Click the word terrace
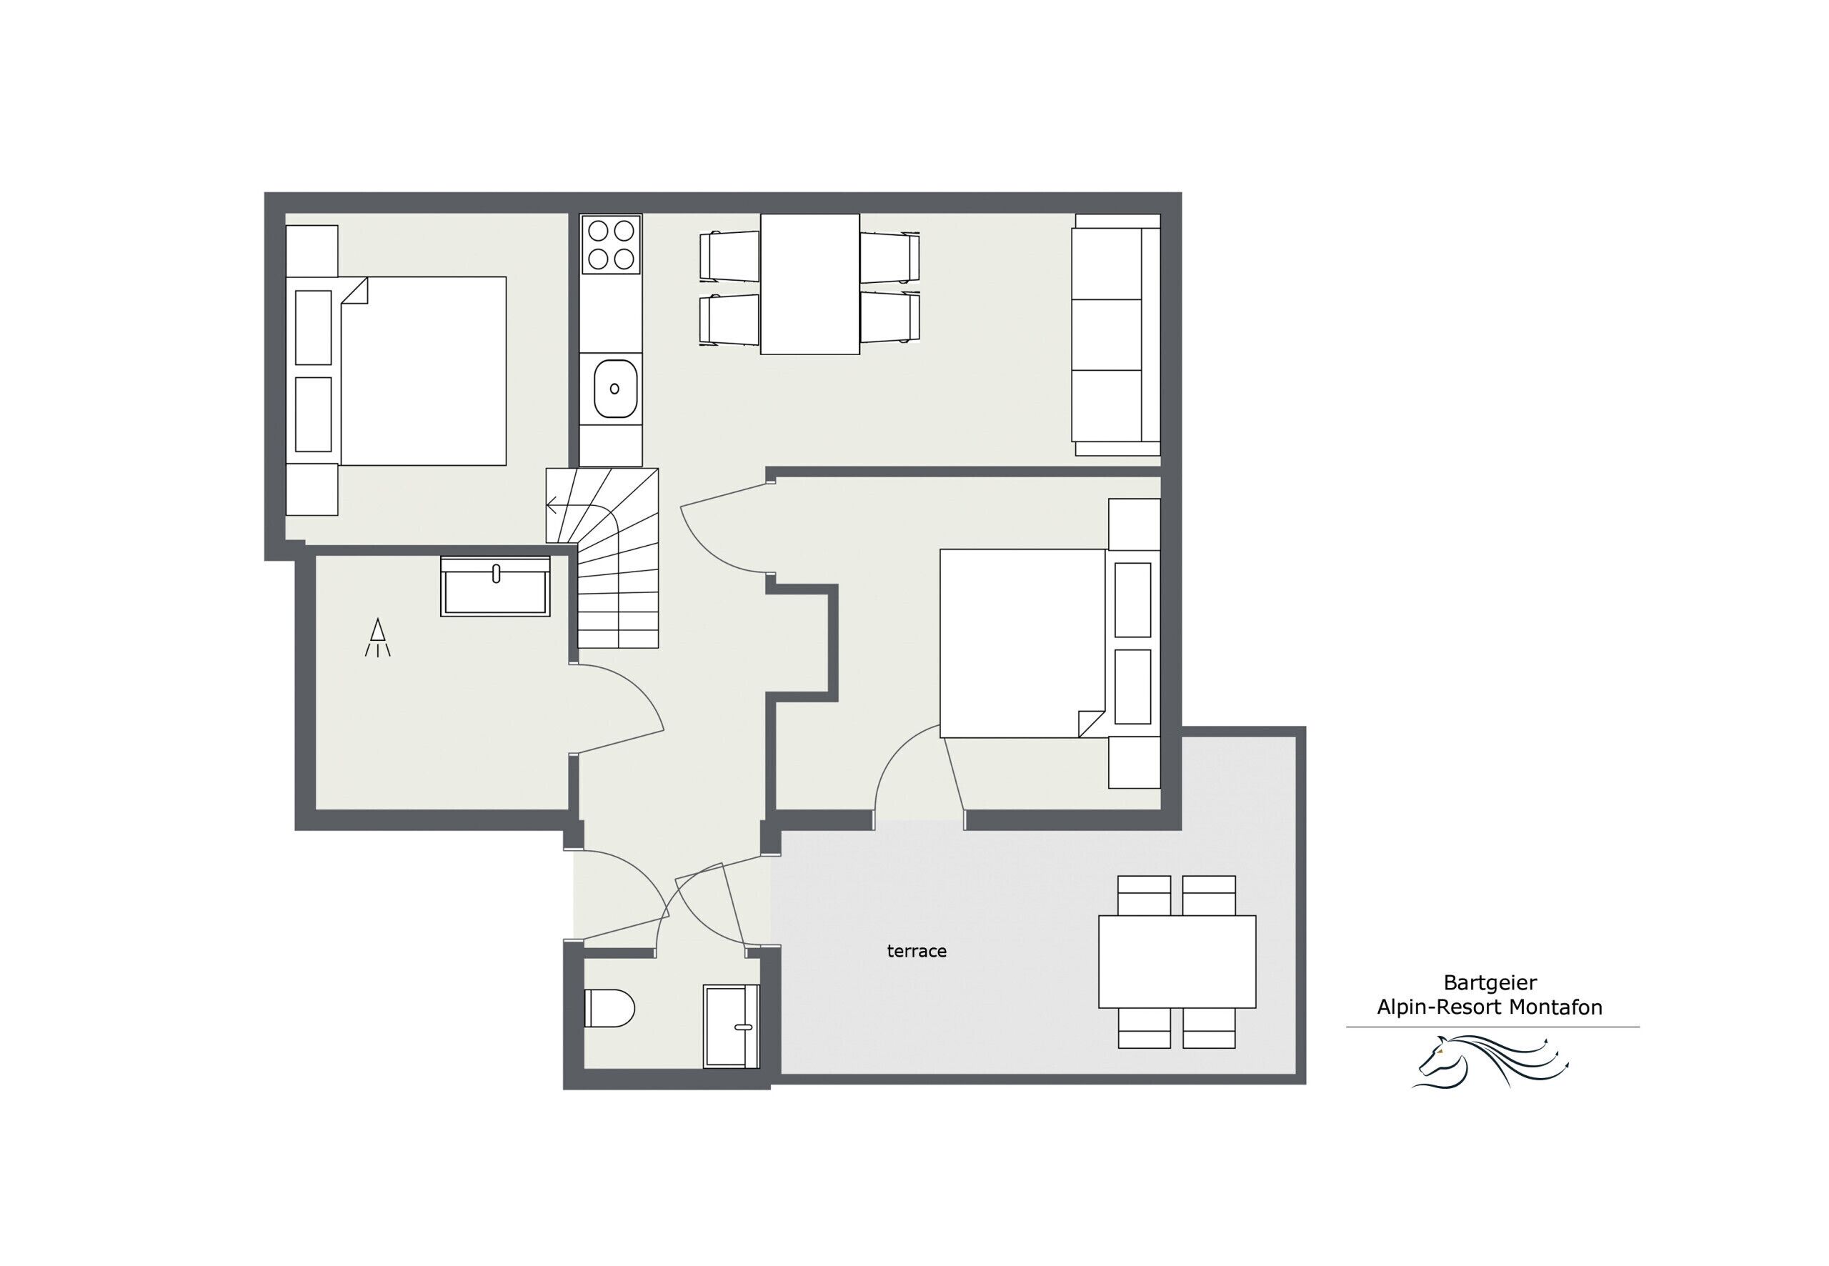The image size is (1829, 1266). pos(916,951)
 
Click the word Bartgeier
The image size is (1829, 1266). pos(1490,983)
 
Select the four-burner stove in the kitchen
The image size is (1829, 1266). pos(611,244)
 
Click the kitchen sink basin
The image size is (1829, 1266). pos(614,389)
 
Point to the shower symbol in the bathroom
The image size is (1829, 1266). pos(377,637)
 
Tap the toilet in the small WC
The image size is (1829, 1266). pos(609,1008)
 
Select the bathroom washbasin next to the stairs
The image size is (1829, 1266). pos(495,587)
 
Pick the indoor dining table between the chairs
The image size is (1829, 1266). pos(809,284)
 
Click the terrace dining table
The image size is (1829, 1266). pos(1176,962)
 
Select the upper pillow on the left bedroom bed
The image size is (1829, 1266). pos(314,328)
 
